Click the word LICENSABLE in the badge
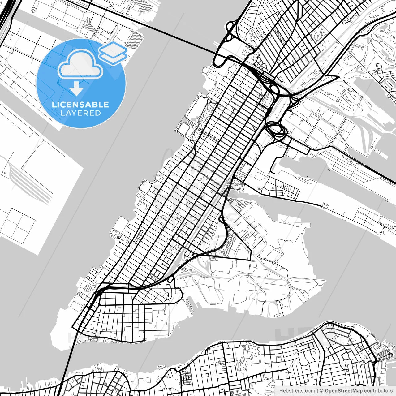[x=80, y=105]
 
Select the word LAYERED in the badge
[x=80, y=113]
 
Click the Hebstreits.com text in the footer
[x=297, y=391]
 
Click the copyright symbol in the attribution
[x=321, y=391]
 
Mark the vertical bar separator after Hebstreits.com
[x=317, y=391]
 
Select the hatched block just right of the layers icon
[x=137, y=40]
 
